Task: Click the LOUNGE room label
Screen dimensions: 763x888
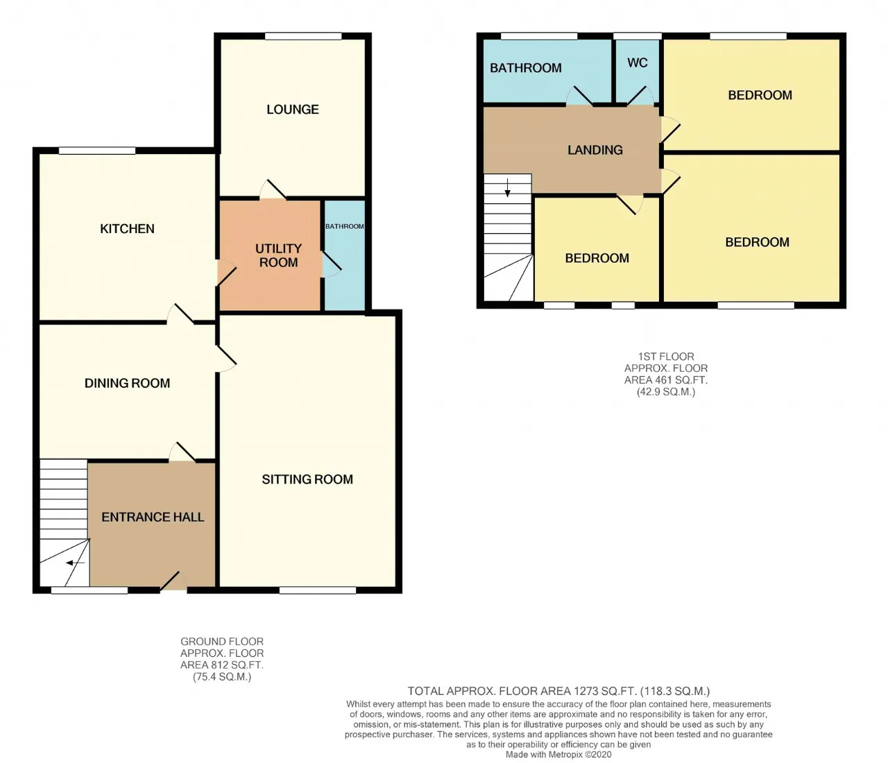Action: [x=293, y=110]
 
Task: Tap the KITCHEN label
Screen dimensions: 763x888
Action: [x=127, y=229]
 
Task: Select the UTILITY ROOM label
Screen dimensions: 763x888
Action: [x=278, y=255]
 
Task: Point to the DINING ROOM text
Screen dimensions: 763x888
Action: [x=127, y=383]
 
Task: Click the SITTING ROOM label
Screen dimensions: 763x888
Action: [x=307, y=479]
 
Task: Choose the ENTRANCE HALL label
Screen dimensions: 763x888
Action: [x=153, y=517]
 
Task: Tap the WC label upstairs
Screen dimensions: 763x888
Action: [x=637, y=63]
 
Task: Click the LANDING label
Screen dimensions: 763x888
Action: [x=595, y=150]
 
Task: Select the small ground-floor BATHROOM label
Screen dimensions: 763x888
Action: [x=344, y=226]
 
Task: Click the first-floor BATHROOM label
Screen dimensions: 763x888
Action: [x=525, y=68]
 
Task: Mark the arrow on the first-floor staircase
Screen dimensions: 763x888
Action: [x=508, y=188]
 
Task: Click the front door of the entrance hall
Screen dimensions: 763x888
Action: [x=171, y=581]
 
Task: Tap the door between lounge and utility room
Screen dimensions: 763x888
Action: [x=273, y=189]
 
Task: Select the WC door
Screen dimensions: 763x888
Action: [x=641, y=97]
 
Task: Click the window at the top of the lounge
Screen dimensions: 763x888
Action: [x=303, y=36]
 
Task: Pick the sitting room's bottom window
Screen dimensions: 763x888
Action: [x=318, y=590]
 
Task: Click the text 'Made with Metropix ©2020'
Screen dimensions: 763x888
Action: [x=558, y=755]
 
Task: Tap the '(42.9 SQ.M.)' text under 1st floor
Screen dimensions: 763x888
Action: [x=666, y=392]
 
